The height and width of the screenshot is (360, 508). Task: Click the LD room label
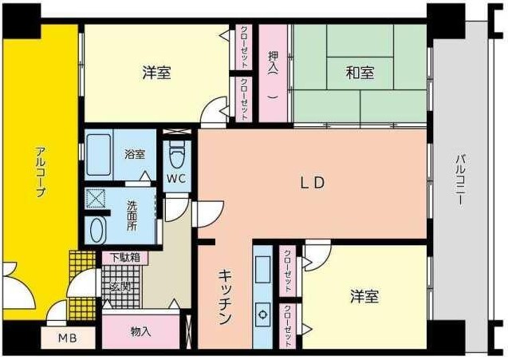(x=313, y=182)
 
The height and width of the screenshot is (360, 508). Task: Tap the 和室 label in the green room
(x=360, y=73)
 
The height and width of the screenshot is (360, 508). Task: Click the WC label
(x=176, y=178)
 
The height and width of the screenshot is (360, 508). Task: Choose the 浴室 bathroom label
(x=134, y=154)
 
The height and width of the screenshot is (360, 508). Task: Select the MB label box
(x=66, y=338)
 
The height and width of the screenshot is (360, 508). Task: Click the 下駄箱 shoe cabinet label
(x=124, y=258)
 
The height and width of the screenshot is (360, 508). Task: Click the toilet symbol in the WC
(x=177, y=152)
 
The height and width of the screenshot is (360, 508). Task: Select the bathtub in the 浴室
(x=100, y=156)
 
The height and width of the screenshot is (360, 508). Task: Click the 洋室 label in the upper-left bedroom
(x=156, y=73)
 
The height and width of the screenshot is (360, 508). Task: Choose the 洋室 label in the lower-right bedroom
(x=364, y=297)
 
